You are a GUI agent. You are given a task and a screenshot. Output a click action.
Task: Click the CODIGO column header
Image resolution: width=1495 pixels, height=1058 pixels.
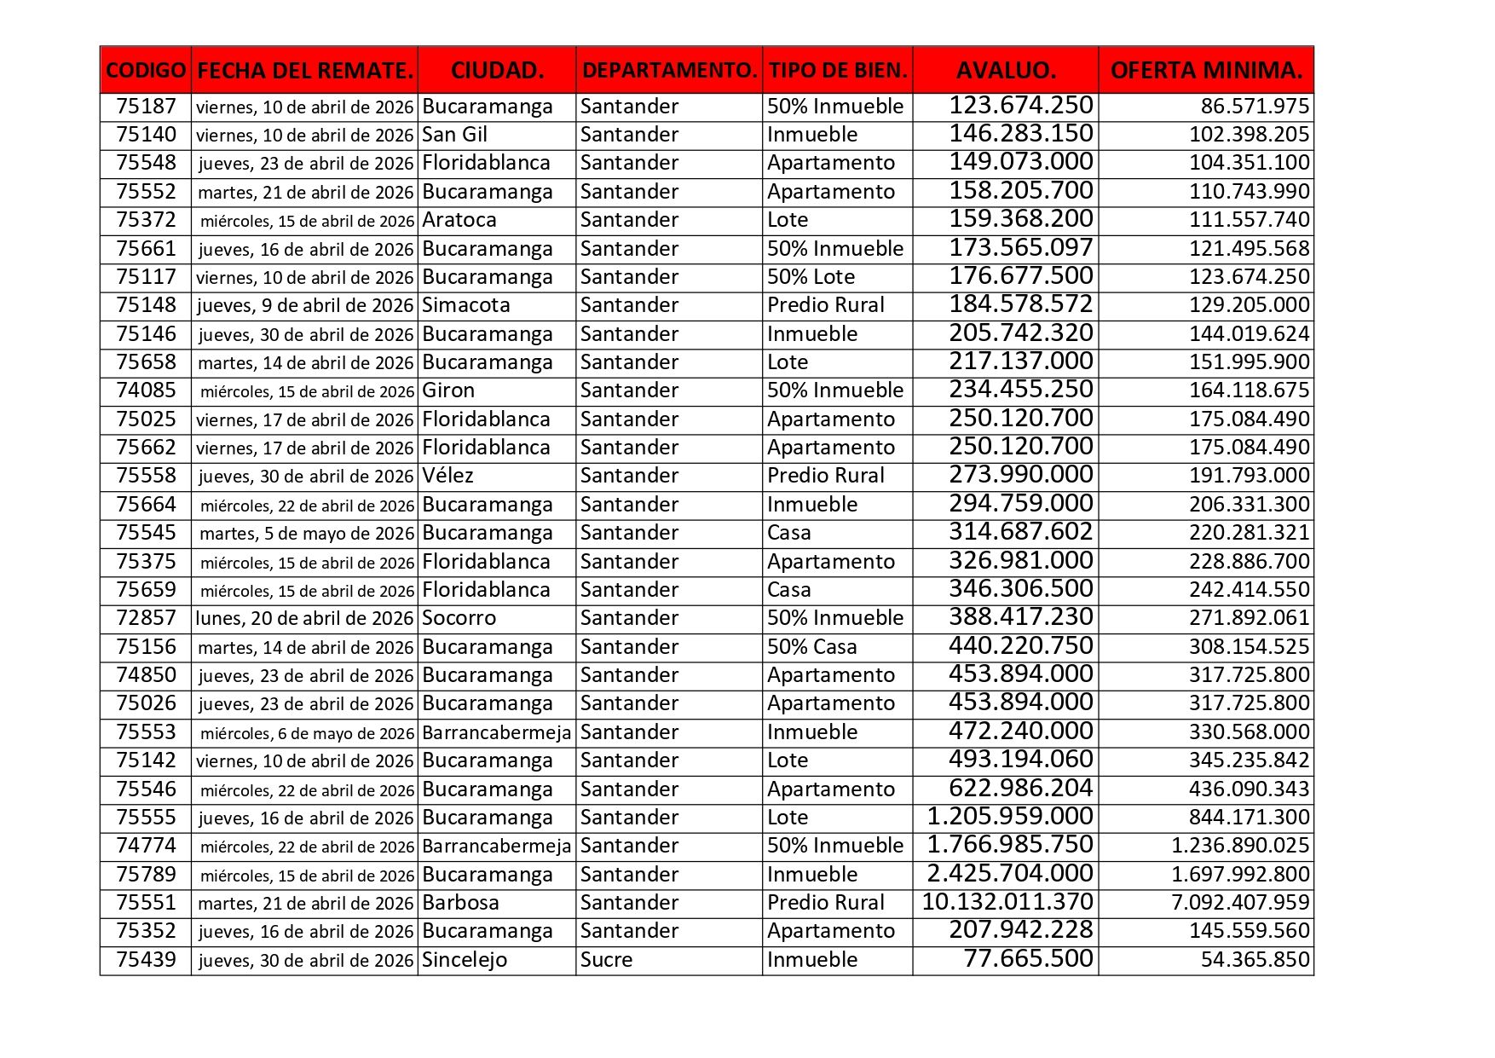click(146, 70)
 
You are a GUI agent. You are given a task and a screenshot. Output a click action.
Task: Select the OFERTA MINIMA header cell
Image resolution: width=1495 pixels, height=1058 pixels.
click(1206, 70)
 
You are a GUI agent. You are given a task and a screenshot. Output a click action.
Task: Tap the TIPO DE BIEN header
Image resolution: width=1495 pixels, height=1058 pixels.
click(837, 70)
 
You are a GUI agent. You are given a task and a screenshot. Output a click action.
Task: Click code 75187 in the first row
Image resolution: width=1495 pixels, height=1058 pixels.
click(146, 107)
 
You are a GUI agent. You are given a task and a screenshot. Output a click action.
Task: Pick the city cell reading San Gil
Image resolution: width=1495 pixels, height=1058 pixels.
click(455, 135)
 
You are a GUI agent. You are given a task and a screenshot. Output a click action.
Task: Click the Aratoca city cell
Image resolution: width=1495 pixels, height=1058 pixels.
click(459, 220)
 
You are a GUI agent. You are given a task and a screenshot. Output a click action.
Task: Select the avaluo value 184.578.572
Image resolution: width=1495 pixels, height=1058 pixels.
click(1020, 305)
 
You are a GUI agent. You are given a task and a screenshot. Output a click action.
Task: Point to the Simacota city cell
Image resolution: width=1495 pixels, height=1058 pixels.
click(466, 305)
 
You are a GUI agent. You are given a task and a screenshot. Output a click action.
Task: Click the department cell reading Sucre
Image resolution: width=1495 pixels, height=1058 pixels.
click(606, 960)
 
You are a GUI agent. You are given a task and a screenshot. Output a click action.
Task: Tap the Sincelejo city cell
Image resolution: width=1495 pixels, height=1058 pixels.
click(465, 960)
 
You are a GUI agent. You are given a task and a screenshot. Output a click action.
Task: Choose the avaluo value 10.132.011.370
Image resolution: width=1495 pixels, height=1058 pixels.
click(1007, 903)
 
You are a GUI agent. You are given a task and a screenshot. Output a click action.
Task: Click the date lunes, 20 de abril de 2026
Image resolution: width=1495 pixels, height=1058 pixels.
click(304, 618)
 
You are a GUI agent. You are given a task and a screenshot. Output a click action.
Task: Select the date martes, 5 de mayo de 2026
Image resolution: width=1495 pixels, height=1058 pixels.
click(306, 533)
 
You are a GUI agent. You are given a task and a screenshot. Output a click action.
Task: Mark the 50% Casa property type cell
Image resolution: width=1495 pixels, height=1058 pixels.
click(811, 647)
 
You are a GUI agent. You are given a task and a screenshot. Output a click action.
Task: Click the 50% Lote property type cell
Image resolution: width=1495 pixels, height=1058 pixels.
click(811, 277)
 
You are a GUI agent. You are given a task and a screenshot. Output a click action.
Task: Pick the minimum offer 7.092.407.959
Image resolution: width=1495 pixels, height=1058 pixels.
click(1240, 903)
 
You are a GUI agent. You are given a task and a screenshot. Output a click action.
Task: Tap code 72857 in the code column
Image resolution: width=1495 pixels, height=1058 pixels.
click(146, 618)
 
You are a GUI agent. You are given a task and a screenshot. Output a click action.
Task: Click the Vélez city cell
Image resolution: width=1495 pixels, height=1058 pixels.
click(447, 476)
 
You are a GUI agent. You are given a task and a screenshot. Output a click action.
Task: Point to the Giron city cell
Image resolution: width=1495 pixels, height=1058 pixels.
click(448, 390)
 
